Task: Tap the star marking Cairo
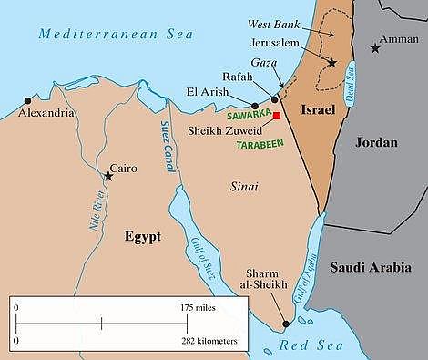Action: pos(108,175)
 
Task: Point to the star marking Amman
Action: pos(375,47)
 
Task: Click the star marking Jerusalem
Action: pos(333,63)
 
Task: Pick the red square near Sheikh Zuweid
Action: pos(277,129)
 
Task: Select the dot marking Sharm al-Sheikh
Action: pos(286,324)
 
